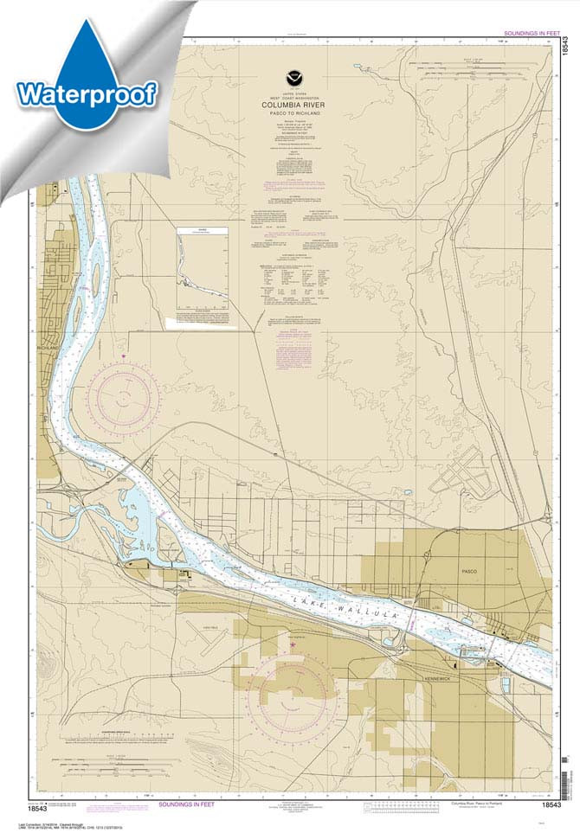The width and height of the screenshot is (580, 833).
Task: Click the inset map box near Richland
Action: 202,267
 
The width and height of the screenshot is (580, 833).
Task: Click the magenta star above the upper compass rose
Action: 125,356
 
